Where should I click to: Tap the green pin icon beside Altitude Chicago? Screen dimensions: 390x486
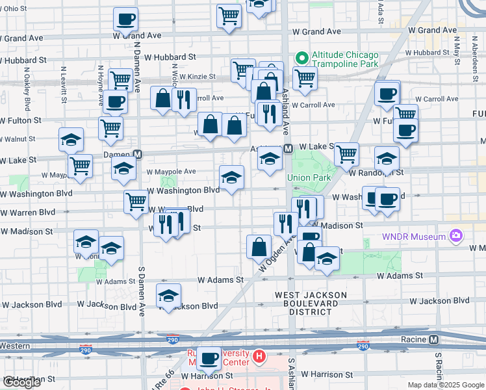301,58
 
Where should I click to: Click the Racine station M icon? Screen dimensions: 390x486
434,339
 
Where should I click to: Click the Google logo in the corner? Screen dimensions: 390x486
21,382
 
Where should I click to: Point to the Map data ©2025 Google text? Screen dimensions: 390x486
446,385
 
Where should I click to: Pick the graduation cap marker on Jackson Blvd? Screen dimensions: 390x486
168,296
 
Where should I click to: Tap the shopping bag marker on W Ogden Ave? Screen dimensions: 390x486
259,247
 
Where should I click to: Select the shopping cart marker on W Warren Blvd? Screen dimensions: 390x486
136,201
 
